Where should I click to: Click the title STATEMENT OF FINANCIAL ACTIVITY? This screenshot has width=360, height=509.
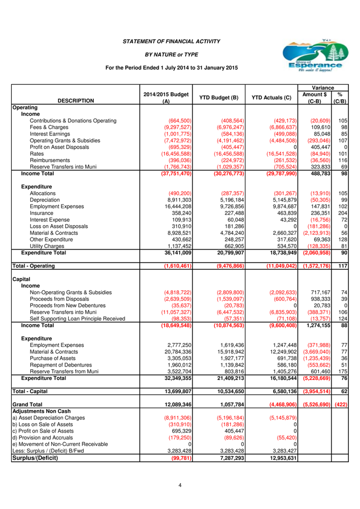click(171, 41)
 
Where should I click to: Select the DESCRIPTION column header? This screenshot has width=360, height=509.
click(76, 101)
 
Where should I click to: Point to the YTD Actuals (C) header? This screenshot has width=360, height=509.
click(271, 97)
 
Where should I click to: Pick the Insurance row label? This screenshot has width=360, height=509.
click(44, 213)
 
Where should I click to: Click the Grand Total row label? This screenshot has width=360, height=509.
click(27, 404)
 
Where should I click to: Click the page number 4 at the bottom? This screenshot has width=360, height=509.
click(180, 485)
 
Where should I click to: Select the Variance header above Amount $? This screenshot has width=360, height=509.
click(323, 88)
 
